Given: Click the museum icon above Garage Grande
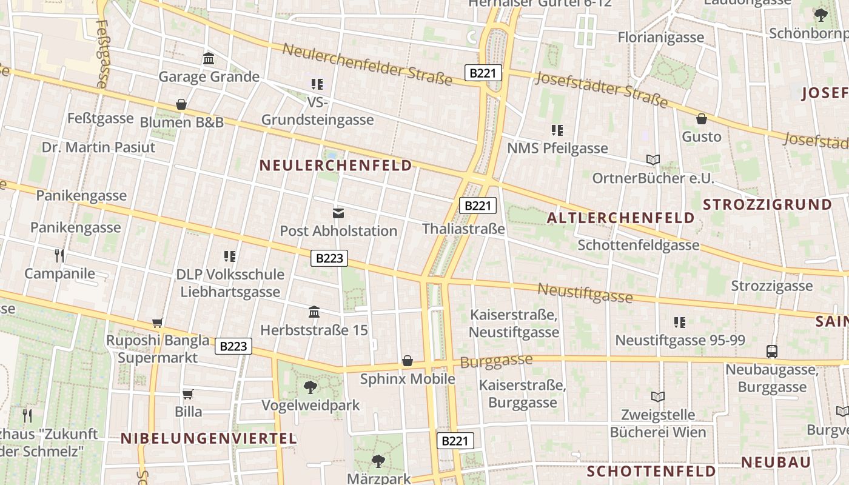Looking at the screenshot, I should pyautogui.click(x=209, y=58).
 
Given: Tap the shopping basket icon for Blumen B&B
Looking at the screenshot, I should pyautogui.click(x=181, y=104).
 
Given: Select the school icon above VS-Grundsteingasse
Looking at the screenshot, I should pyautogui.click(x=317, y=84).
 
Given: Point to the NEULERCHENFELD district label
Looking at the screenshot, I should pyautogui.click(x=335, y=165).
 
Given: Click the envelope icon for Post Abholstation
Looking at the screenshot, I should pyautogui.click(x=338, y=213).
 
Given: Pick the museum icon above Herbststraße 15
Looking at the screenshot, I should pyautogui.click(x=314, y=312).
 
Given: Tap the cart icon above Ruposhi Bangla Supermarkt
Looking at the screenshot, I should pyautogui.click(x=158, y=323).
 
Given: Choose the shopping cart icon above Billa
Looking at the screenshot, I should pyautogui.click(x=188, y=394).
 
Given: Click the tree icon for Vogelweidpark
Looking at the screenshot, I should pyautogui.click(x=310, y=387).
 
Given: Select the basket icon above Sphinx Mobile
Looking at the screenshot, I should pyautogui.click(x=408, y=361).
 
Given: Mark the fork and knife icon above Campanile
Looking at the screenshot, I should pyautogui.click(x=59, y=255).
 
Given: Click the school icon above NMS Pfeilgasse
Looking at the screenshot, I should pyautogui.click(x=557, y=130).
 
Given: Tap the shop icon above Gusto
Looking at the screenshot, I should pyautogui.click(x=702, y=119).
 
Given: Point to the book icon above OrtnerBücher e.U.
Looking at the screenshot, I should pyautogui.click(x=653, y=160).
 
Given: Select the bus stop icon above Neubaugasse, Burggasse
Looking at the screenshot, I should pyautogui.click(x=772, y=351).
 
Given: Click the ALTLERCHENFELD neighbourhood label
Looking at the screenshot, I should pyautogui.click(x=620, y=218).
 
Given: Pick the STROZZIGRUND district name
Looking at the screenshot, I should pyautogui.click(x=767, y=204).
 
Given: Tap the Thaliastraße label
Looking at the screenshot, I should pyautogui.click(x=463, y=229).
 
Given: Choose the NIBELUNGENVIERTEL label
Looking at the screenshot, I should pyautogui.click(x=208, y=438).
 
